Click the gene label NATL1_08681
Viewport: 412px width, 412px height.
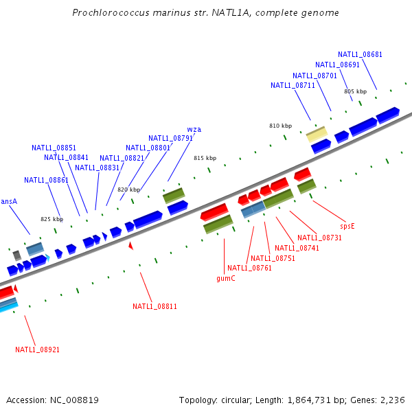(x=360, y=54)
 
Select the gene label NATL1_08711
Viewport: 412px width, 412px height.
(x=293, y=85)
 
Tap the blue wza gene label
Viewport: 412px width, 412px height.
(x=194, y=129)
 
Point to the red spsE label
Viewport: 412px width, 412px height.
(x=347, y=225)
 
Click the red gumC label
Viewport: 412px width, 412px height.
(x=226, y=278)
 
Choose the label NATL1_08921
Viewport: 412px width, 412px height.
(x=37, y=350)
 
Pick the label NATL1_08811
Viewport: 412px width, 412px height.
(x=154, y=306)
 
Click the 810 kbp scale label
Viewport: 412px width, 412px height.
(x=280, y=126)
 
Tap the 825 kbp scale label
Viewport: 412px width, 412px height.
(x=51, y=220)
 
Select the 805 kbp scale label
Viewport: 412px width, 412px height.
(x=355, y=91)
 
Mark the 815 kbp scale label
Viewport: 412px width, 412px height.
(x=205, y=158)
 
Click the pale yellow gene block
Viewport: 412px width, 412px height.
(x=317, y=133)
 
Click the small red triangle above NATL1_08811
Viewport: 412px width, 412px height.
(x=130, y=245)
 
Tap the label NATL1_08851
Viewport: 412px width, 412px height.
(x=54, y=148)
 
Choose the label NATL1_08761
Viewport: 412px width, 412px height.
(x=249, y=268)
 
